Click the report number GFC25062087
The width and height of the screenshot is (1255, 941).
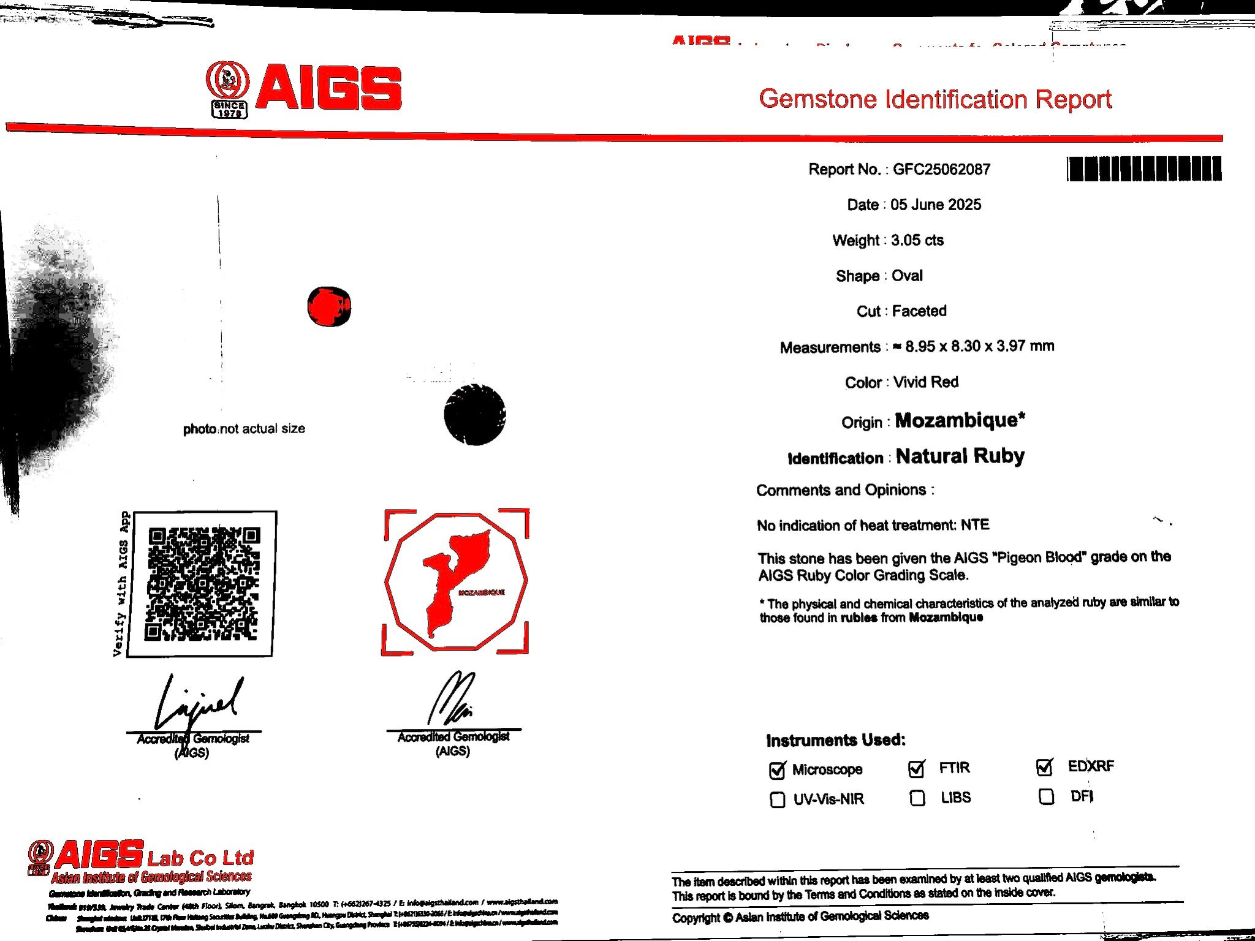pos(941,170)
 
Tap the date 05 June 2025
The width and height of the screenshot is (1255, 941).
pos(936,205)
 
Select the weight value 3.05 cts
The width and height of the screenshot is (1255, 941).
pos(917,240)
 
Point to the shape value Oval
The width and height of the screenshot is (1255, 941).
pos(907,276)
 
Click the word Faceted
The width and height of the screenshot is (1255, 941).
pos(919,311)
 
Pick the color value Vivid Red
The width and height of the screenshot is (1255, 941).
pos(926,382)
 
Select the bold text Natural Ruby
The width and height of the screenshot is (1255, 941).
pos(960,456)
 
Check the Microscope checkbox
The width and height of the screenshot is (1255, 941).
pos(777,771)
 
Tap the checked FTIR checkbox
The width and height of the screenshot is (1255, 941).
pos(917,769)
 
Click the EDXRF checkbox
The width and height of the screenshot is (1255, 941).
pos(1045,767)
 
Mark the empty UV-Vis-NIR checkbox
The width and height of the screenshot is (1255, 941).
pos(777,800)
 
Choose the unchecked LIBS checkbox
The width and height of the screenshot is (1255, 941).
pos(917,798)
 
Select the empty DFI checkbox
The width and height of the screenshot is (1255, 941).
pos(1047,797)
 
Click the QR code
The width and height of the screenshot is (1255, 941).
pos(202,584)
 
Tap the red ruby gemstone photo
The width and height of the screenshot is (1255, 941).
pos(329,306)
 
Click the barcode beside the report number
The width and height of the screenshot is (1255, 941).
pos(1144,169)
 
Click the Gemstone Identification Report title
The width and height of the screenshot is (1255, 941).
pos(935,99)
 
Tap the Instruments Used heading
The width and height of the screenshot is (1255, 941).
pos(835,740)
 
